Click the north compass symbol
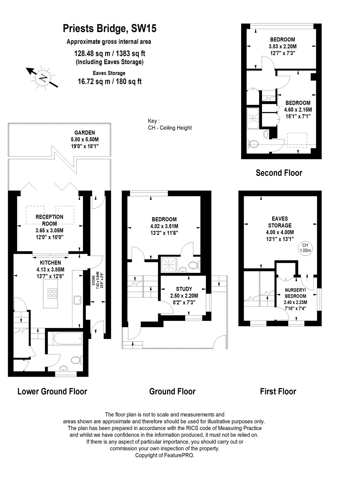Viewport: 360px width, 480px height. coord(42,77)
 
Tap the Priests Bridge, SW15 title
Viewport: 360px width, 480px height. coord(110,29)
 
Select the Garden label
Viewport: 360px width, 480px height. coord(85,132)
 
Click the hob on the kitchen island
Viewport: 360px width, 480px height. coord(52,293)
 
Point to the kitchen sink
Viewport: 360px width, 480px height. coord(78,300)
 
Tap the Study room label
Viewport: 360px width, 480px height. coord(184,289)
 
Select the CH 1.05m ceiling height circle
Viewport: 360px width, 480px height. coord(305,248)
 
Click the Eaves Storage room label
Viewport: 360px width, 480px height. coord(280,222)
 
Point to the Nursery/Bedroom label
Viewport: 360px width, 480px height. coord(295,293)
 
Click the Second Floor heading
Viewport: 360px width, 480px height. coord(279,173)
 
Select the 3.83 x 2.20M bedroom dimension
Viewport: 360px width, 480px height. coord(282,46)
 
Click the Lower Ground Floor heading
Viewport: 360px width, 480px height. coord(52,391)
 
